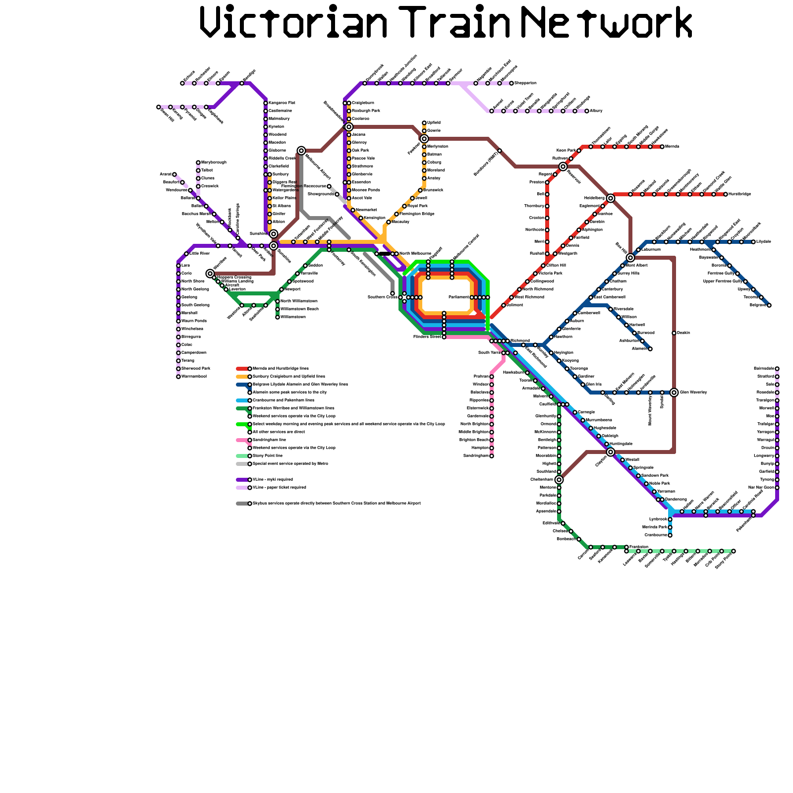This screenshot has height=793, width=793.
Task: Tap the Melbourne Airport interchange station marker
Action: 301,150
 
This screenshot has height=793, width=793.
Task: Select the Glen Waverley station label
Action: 693,393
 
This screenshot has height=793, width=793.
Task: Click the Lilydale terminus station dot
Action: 753,242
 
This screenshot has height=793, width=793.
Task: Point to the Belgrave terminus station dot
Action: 769,305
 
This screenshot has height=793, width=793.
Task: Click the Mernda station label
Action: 672,147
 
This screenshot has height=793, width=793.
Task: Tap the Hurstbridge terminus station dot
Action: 726,194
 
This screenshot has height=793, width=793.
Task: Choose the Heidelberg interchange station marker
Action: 611,198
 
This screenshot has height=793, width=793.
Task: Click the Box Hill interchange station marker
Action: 630,258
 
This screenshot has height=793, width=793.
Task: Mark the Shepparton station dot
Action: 511,83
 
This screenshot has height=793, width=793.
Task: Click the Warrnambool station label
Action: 194,377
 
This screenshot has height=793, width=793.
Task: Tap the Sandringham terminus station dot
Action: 492,456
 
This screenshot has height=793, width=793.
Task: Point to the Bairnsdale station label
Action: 764,369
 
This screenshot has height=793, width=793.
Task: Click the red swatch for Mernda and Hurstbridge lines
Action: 242,369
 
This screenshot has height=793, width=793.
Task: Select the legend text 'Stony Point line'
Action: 268,456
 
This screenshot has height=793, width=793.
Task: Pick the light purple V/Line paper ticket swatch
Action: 242,488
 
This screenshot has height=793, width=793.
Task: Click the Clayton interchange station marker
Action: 611,452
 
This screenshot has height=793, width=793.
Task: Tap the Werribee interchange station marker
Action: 210,274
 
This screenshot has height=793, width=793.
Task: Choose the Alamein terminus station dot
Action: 650,349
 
